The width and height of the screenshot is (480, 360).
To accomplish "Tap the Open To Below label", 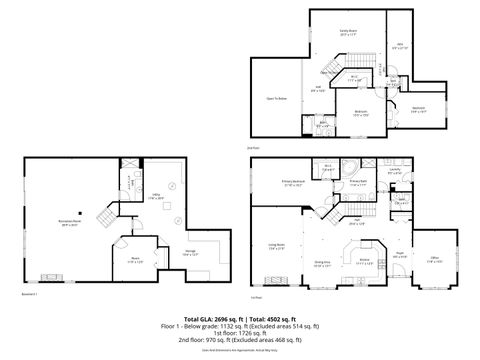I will (276, 99).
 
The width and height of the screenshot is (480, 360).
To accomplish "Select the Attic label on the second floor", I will (399, 45).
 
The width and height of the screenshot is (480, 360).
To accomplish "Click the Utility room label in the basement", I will (155, 197).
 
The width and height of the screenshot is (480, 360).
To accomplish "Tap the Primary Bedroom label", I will (293, 184).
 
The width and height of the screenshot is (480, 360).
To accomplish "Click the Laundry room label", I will (395, 171).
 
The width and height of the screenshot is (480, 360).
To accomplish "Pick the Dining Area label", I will (322, 263).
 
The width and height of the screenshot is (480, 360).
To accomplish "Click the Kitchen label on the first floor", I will (365, 263).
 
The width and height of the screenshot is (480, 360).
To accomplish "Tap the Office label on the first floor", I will (435, 262).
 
